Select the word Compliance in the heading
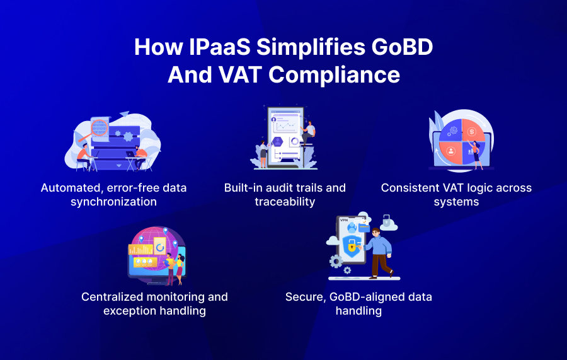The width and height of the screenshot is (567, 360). pyautogui.click(x=335, y=75)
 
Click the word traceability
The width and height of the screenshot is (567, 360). pyautogui.click(x=285, y=202)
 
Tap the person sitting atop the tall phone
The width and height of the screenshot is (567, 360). pyautogui.click(x=309, y=132)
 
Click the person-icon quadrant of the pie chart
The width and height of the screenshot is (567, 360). pyautogui.click(x=451, y=152)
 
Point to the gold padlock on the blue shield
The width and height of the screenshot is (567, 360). pyautogui.click(x=352, y=248)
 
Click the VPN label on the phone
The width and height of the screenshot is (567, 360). pyautogui.click(x=344, y=221)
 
